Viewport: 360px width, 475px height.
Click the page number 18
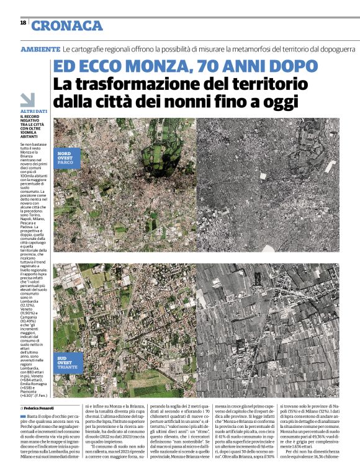click(x=23, y=23)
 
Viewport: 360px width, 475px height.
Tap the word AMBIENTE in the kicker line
click(x=40, y=48)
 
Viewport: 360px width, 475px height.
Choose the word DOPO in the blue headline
click(x=289, y=66)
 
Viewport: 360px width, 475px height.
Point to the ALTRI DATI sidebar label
click(x=34, y=111)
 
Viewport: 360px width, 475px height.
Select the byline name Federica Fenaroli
click(x=41, y=409)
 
